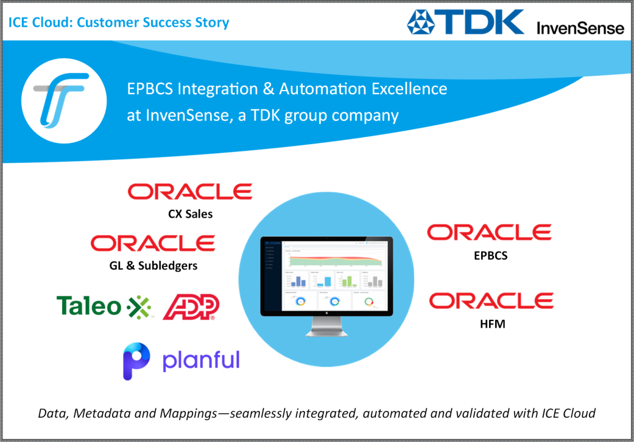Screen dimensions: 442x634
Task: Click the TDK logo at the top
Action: (465, 21)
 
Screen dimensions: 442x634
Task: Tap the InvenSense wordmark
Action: (580, 28)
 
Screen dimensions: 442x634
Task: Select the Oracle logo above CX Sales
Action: (190, 192)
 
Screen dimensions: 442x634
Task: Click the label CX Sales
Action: (190, 213)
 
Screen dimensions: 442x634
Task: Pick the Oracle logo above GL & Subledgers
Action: (153, 243)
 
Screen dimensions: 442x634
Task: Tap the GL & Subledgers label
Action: (153, 266)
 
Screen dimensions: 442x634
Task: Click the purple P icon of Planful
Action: (136, 361)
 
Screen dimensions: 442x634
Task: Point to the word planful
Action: (200, 360)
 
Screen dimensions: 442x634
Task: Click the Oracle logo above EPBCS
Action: (489, 232)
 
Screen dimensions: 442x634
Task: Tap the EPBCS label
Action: (490, 256)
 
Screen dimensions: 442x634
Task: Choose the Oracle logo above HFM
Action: (491, 300)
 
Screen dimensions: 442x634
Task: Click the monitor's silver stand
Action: (327, 327)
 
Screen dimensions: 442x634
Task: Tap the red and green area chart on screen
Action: (336, 260)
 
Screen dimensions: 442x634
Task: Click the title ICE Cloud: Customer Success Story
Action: (119, 23)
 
